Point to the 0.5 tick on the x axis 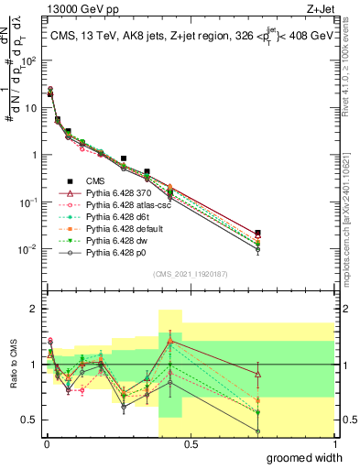[190, 443]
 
